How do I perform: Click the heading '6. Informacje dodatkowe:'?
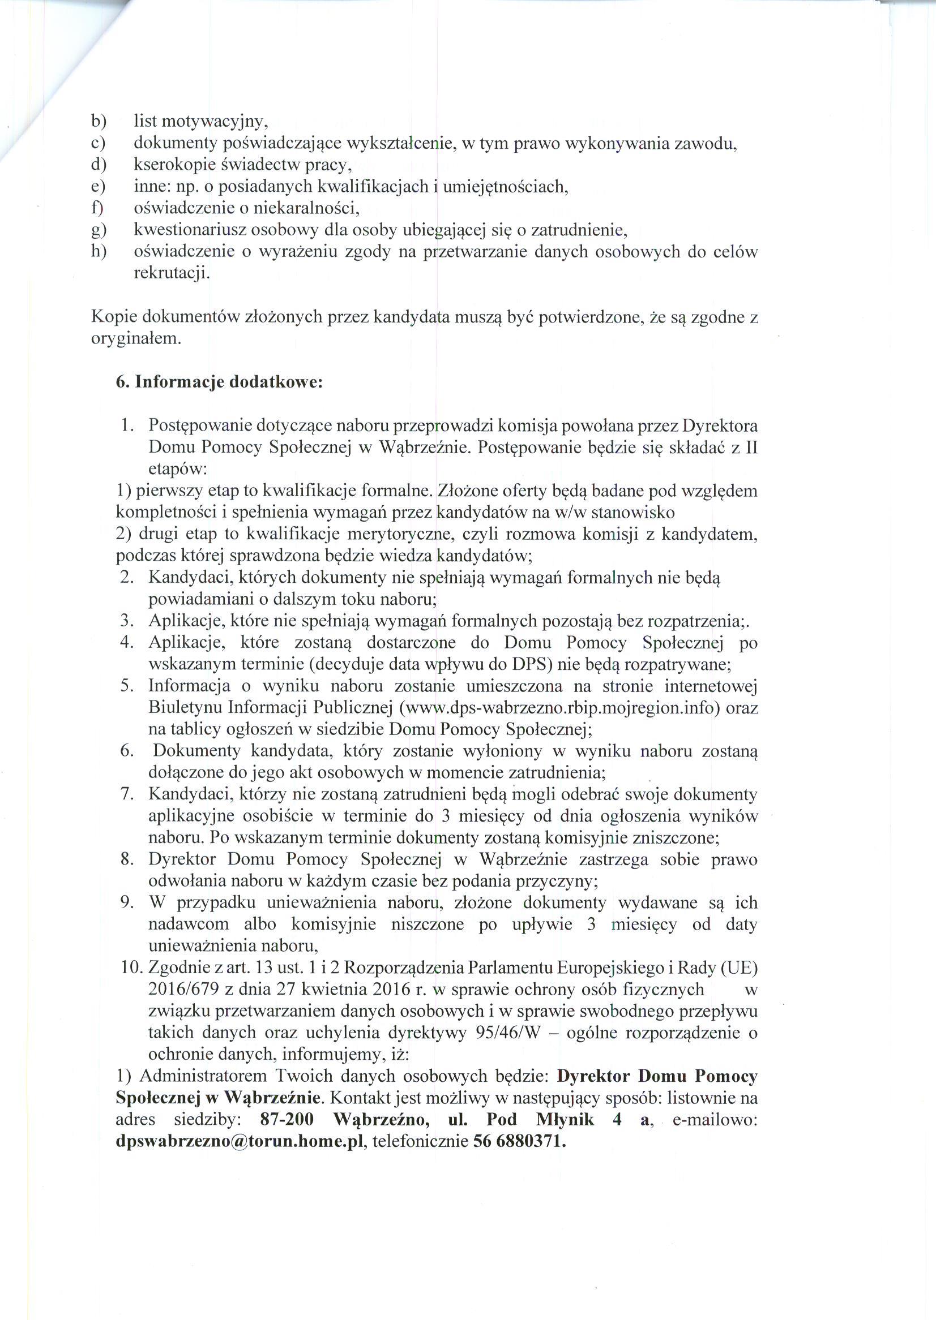[x=219, y=382]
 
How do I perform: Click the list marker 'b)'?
[x=99, y=122]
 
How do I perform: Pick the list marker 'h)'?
[x=99, y=252]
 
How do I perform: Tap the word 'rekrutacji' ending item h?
[x=170, y=273]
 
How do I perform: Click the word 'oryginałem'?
[x=135, y=339]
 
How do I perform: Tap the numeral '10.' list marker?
[x=131, y=968]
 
